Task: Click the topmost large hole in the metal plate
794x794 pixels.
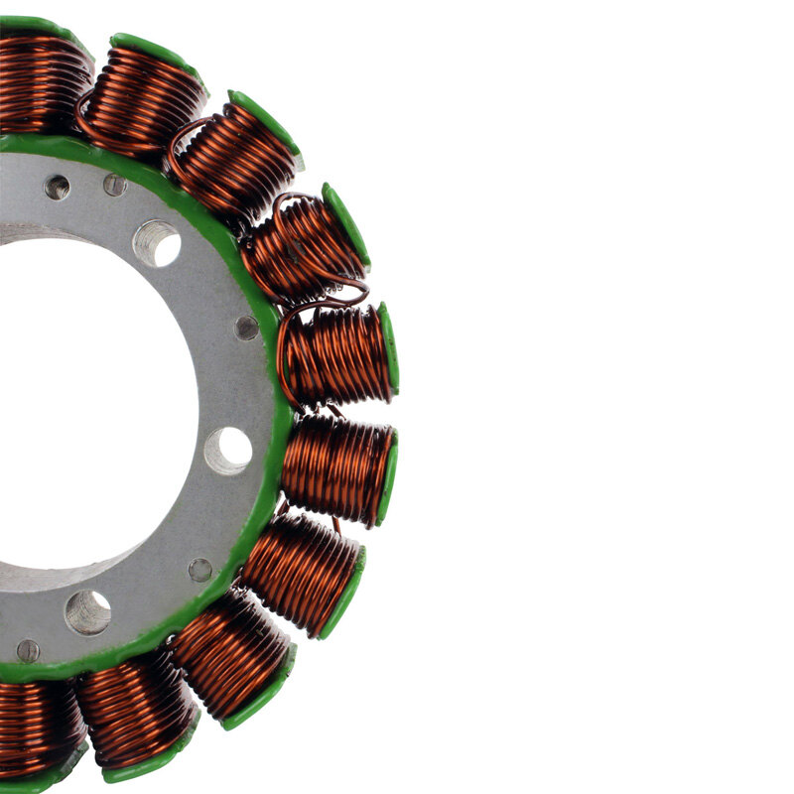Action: tap(157, 242)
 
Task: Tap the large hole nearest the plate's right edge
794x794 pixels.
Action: tap(228, 451)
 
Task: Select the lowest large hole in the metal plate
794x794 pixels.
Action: tap(87, 612)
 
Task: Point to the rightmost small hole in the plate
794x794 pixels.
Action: tap(246, 328)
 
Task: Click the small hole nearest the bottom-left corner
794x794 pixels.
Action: tap(28, 651)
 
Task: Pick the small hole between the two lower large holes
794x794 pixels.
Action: tap(200, 570)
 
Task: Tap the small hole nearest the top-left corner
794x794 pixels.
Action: tap(58, 187)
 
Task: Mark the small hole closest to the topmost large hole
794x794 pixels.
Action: tap(115, 185)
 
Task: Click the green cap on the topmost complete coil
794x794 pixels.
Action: tap(159, 56)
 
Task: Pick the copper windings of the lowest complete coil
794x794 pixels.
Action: tap(135, 710)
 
